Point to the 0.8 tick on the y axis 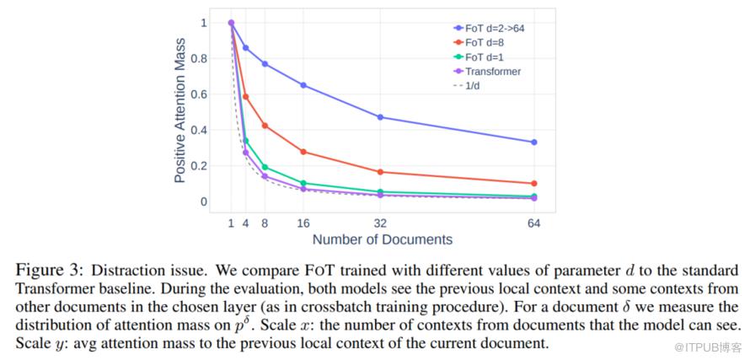click(x=197, y=58)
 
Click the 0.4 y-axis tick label click(x=197, y=130)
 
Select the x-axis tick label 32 click(x=381, y=223)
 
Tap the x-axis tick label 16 click(x=303, y=223)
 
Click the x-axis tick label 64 click(x=533, y=223)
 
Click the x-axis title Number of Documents click(x=382, y=239)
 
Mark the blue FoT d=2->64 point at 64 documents click(x=533, y=142)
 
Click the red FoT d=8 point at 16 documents click(x=303, y=152)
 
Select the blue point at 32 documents click(x=381, y=117)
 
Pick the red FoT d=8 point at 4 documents click(x=246, y=97)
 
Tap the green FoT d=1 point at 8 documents click(x=265, y=167)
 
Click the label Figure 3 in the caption click(x=47, y=271)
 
